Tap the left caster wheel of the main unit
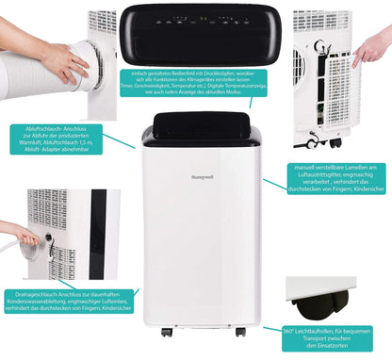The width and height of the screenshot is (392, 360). tap(166, 332)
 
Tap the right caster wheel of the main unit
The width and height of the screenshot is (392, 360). tap(240, 332)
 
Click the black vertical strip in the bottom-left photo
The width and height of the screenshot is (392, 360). tap(98, 236)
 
